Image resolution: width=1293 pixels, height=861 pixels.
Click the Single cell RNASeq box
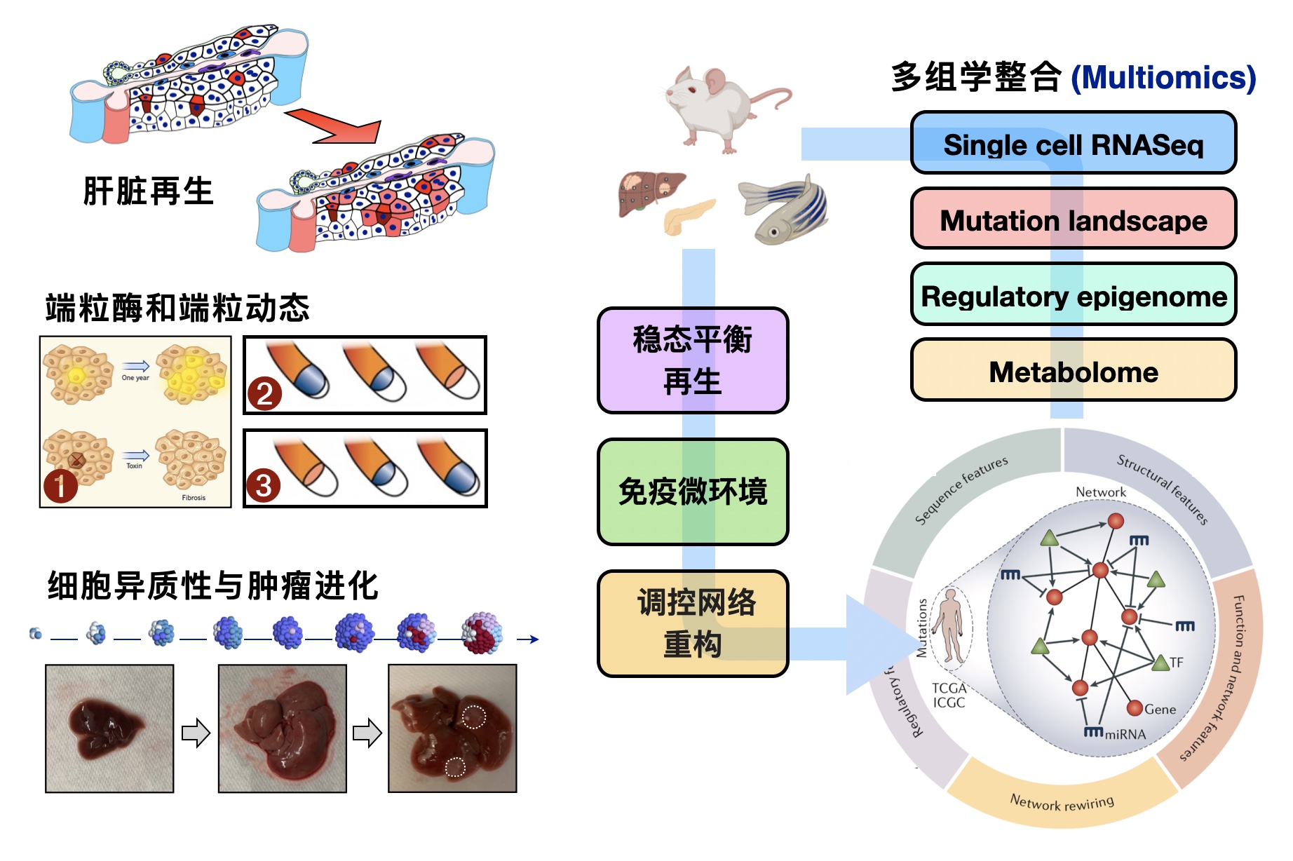click(1073, 144)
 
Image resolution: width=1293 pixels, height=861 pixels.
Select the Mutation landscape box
click(1073, 219)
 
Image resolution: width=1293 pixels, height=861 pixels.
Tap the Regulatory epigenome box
click(1073, 295)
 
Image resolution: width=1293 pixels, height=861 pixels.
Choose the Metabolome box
click(1073, 371)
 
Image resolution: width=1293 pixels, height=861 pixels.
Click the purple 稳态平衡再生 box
click(693, 360)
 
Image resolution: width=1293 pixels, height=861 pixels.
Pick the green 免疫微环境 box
click(693, 491)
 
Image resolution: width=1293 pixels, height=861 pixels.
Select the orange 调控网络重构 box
click(693, 623)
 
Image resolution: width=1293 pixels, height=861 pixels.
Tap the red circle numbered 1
click(60, 485)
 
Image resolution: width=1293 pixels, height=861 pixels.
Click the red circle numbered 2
click(264, 394)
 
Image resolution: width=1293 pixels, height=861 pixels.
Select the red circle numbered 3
click(264, 485)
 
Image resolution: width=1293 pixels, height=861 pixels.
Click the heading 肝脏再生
click(148, 191)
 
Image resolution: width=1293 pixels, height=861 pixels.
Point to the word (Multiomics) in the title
click(1163, 78)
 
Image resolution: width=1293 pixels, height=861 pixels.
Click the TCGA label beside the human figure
click(949, 689)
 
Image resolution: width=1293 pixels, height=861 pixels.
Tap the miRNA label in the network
click(1125, 734)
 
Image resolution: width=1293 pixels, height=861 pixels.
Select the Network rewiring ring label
click(1062, 802)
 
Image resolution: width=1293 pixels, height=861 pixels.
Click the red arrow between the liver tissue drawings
click(337, 126)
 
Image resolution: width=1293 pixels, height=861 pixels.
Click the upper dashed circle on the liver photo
click(474, 717)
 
